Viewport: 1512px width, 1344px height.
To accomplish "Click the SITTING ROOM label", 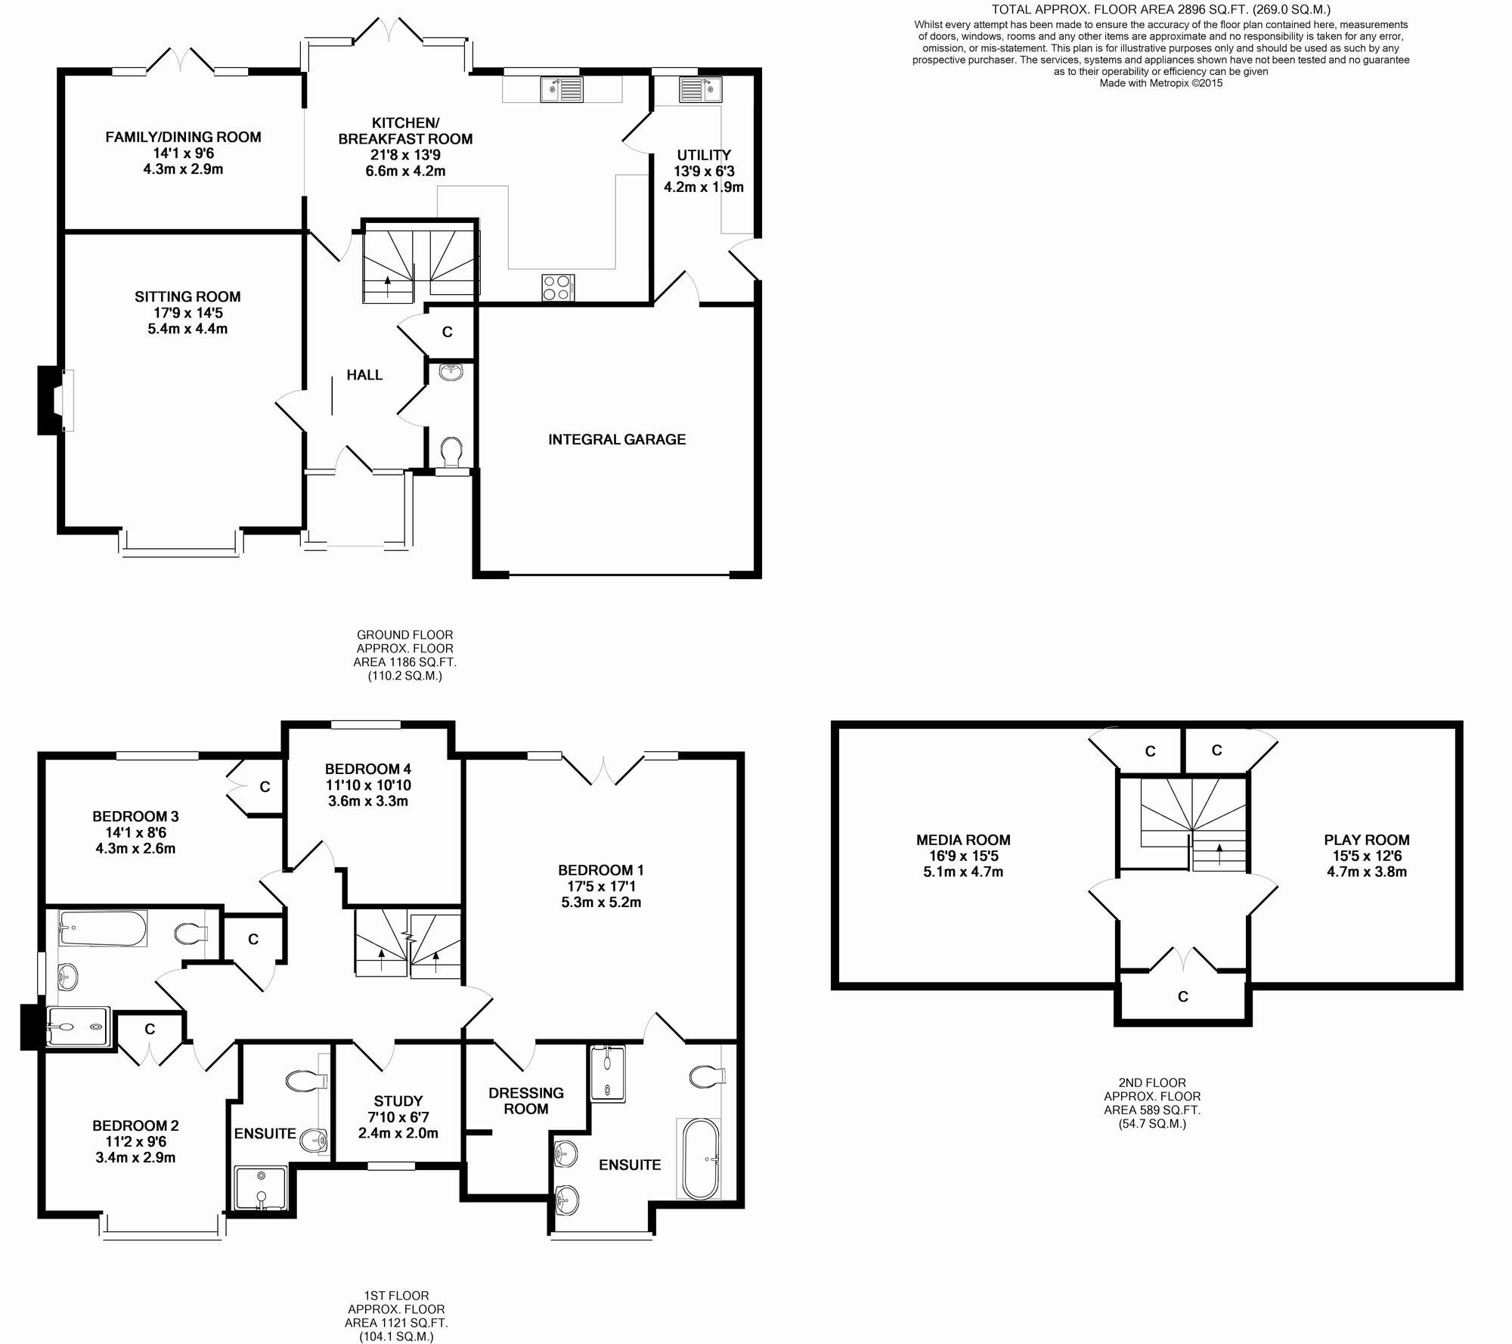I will coord(187,296).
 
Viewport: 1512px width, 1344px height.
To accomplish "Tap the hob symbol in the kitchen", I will coord(558,287).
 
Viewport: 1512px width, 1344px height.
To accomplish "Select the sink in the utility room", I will coord(701,89).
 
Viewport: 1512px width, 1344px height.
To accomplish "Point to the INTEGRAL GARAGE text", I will coord(617,439).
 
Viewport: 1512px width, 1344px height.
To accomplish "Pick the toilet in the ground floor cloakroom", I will coord(452,452).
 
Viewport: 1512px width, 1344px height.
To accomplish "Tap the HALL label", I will coord(364,375).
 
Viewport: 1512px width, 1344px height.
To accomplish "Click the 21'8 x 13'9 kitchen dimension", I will coord(405,155).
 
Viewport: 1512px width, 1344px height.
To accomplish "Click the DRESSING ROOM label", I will coord(526,1101).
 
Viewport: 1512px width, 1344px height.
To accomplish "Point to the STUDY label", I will coord(398,1101).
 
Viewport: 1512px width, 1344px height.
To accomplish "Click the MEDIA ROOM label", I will coord(963,839).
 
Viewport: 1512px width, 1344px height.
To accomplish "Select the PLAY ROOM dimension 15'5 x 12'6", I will coord(1367,856).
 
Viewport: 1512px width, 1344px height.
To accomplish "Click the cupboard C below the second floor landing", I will coord(1182,996).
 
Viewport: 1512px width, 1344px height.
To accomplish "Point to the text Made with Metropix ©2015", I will coord(1160,83).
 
